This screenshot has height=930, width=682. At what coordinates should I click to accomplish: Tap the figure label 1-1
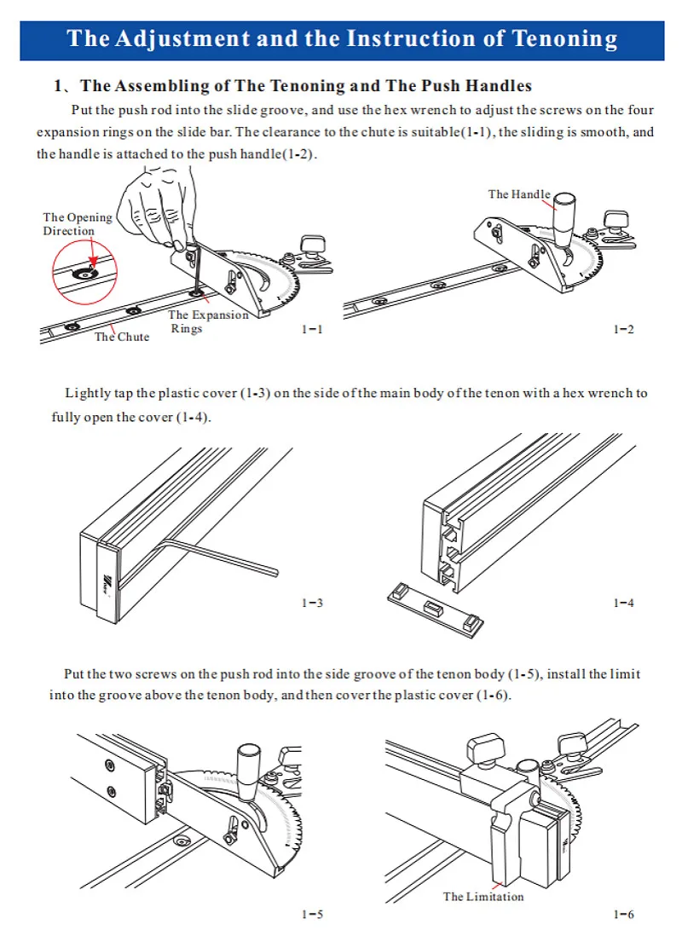coord(312,329)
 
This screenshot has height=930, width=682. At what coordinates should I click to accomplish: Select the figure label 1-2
coord(624,329)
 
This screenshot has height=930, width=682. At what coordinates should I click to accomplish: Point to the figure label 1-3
coord(312,604)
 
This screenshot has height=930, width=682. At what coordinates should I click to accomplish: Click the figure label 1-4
coord(624,604)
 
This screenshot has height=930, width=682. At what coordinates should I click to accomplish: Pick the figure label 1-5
coord(312,915)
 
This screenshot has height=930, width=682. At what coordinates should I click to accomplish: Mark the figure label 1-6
coord(624,915)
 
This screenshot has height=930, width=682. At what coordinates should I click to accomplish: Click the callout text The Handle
coord(519,194)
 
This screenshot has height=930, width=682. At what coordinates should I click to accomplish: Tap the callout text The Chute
coord(121,337)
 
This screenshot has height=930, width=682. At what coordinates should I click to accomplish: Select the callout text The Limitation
coord(483,896)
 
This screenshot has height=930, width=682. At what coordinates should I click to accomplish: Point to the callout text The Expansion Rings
coord(207,321)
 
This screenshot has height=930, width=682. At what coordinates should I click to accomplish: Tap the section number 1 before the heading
coord(58,86)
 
